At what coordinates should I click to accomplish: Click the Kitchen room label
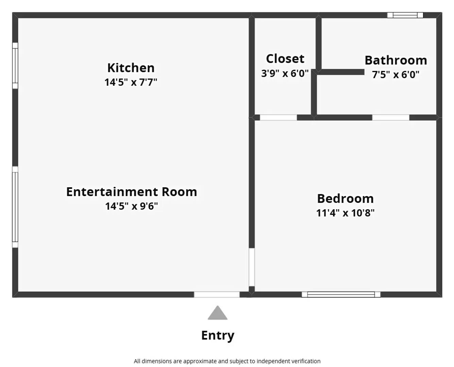[x=131, y=68]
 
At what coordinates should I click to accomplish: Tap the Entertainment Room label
[x=132, y=192]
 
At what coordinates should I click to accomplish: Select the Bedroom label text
[x=345, y=198]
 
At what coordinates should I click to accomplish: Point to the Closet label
[x=285, y=59]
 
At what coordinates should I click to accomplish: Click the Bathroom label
[x=396, y=60]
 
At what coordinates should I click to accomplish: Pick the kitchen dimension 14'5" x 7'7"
[x=131, y=82]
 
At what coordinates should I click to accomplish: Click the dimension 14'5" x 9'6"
[x=132, y=206]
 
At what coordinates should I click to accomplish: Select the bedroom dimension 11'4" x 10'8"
[x=345, y=213]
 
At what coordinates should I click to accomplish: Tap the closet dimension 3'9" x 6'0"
[x=285, y=73]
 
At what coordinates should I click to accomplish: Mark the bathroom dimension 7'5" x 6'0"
[x=396, y=75]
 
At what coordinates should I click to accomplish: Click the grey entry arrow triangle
[x=218, y=313]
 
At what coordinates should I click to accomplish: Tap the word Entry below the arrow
[x=218, y=335]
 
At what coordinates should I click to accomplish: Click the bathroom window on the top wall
[x=405, y=15]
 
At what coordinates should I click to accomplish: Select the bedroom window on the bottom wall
[x=341, y=294]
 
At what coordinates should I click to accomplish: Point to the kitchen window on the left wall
[x=15, y=66]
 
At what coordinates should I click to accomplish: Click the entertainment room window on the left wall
[x=15, y=207]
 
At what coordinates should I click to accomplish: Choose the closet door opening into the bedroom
[x=278, y=118]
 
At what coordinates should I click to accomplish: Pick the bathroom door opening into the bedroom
[x=390, y=118]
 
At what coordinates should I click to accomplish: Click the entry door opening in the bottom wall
[x=217, y=294]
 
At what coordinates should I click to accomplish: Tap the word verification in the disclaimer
[x=305, y=361]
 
